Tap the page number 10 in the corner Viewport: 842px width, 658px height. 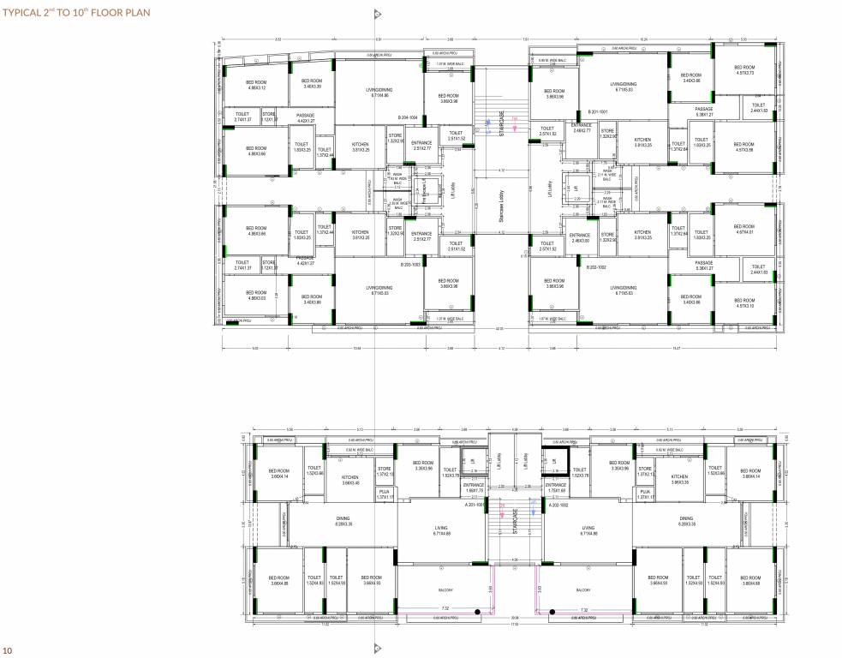point(8,650)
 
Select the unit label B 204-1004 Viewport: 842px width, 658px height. point(408,117)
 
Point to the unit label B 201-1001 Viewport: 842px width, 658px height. point(597,112)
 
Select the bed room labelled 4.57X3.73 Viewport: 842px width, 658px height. point(744,69)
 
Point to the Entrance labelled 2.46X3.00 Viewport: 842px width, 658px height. point(582,238)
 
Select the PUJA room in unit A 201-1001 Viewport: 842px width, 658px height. point(383,493)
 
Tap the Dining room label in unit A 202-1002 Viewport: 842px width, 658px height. point(686,520)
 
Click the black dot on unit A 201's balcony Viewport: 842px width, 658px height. point(552,612)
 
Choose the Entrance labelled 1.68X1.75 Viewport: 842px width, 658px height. point(474,488)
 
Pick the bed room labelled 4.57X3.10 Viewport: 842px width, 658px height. point(744,303)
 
